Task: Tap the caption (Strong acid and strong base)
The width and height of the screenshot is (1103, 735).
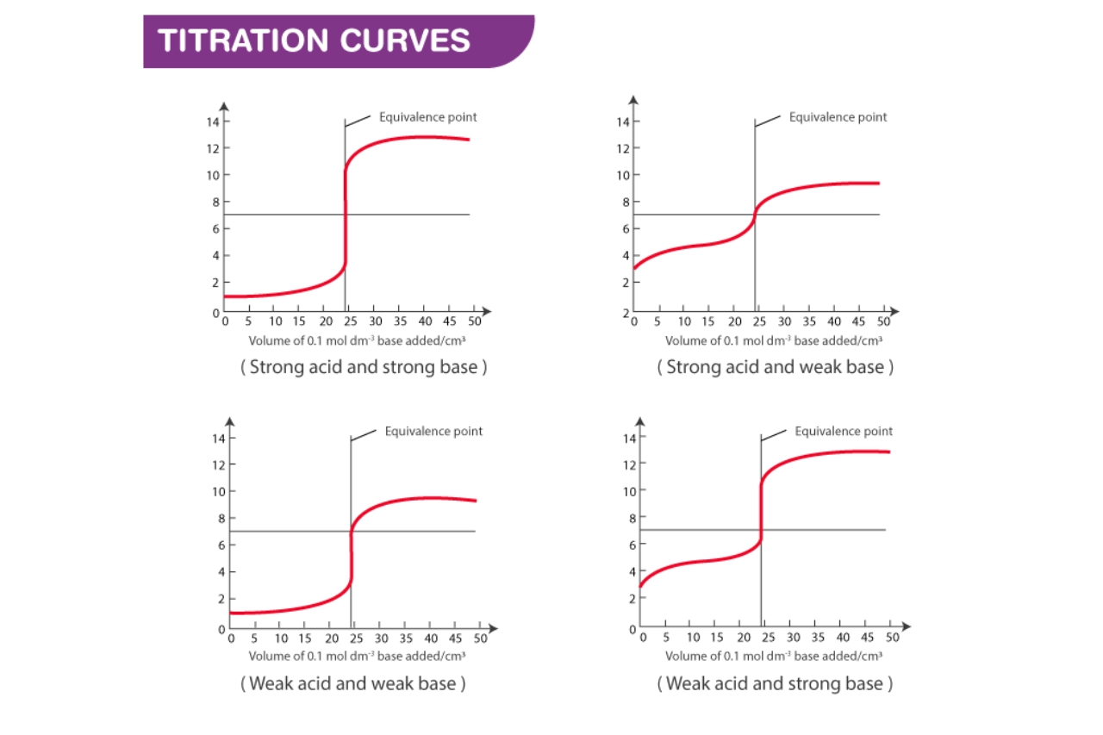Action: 364,367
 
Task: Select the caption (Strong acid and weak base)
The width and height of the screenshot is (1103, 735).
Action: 775,367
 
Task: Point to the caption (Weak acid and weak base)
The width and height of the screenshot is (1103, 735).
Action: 353,684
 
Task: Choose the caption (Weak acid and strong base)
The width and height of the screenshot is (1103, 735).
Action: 775,684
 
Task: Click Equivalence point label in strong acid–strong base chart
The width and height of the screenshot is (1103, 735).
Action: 427,117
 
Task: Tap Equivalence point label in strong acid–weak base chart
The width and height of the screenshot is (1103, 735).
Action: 838,117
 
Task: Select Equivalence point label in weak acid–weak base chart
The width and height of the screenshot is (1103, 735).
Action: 433,431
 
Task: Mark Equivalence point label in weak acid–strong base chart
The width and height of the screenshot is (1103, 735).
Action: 844,431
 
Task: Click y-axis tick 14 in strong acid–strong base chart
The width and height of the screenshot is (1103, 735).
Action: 211,121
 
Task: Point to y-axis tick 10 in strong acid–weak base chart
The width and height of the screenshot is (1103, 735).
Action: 621,175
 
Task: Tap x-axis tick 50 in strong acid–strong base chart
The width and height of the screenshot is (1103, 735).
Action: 473,321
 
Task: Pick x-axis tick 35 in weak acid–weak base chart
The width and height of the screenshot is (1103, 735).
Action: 406,638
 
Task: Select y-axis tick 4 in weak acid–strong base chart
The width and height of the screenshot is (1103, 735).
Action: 632,571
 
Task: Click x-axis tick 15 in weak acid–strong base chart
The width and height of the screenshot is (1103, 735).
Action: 718,638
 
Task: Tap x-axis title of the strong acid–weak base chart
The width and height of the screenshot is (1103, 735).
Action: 774,341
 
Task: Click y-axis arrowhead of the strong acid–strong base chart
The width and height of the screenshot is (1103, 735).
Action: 224,107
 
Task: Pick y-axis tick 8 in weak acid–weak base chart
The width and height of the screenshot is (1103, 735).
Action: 221,519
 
